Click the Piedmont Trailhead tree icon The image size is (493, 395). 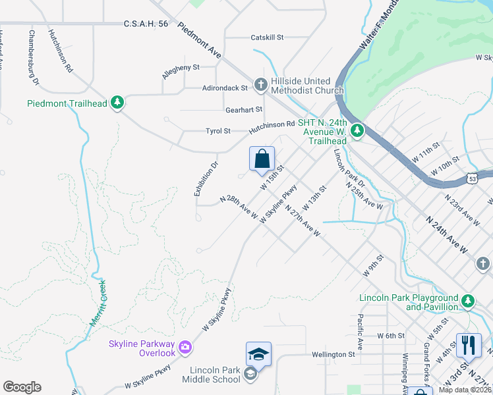click(117, 103)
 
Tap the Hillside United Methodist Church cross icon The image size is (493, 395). click(261, 84)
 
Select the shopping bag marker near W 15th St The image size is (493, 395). click(262, 159)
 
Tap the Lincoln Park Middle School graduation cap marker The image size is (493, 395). click(258, 354)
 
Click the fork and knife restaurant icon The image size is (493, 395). click(469, 344)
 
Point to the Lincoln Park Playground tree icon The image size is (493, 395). click(468, 302)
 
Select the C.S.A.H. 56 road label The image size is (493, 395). click(146, 24)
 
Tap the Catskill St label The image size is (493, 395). click(267, 38)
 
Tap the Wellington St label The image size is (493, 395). click(333, 354)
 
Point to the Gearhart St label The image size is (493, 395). click(244, 109)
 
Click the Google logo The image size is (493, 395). click(22, 386)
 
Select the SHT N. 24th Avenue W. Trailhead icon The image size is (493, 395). click(357, 131)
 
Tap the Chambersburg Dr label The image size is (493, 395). click(33, 57)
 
